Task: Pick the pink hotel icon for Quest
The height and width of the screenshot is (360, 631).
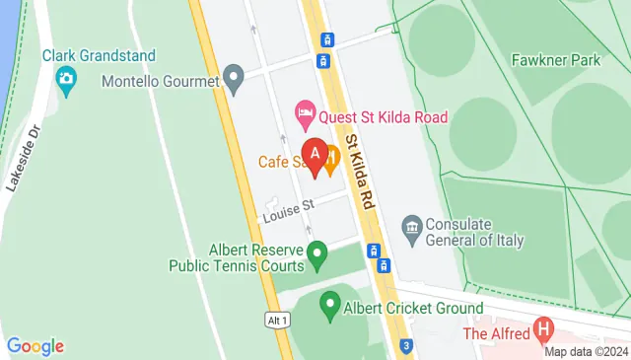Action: (x=306, y=116)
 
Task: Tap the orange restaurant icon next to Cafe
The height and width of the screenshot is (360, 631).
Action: (x=331, y=157)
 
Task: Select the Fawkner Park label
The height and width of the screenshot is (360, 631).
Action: (x=556, y=60)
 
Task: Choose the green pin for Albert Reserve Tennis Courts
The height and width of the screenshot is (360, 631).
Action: (x=316, y=256)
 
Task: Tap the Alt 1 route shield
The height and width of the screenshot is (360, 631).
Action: (x=278, y=321)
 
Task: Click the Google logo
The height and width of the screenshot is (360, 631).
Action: (x=35, y=346)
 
